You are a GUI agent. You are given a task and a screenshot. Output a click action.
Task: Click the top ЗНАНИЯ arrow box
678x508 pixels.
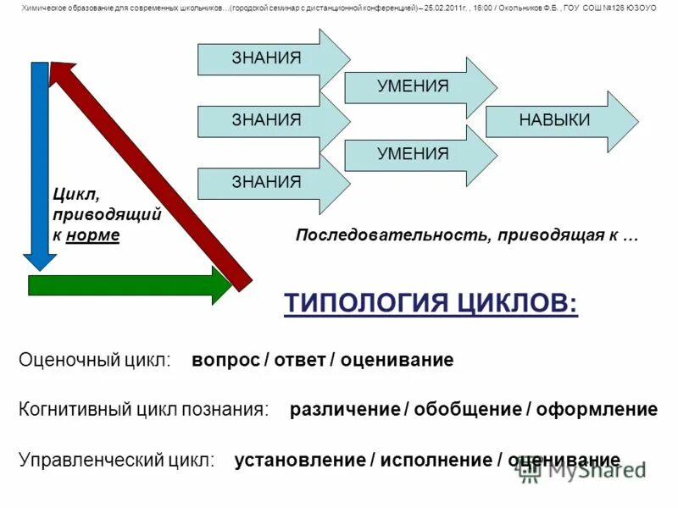(x=267, y=58)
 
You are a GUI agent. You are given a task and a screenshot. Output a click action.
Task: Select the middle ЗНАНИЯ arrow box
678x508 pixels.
(x=267, y=120)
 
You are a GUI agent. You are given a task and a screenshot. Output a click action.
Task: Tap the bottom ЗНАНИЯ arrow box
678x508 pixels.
(x=267, y=182)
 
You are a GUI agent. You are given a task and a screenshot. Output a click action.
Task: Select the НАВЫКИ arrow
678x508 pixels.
(x=554, y=120)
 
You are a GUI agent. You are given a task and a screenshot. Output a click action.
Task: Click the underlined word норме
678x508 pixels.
(x=97, y=235)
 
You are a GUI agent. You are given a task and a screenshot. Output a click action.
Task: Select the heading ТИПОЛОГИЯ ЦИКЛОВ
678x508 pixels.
(x=431, y=302)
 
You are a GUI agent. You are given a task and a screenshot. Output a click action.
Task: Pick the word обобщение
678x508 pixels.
(x=465, y=410)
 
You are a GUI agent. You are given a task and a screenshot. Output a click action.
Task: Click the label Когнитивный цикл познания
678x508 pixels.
(x=143, y=410)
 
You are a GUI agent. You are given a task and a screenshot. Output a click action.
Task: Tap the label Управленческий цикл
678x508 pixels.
(x=116, y=461)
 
